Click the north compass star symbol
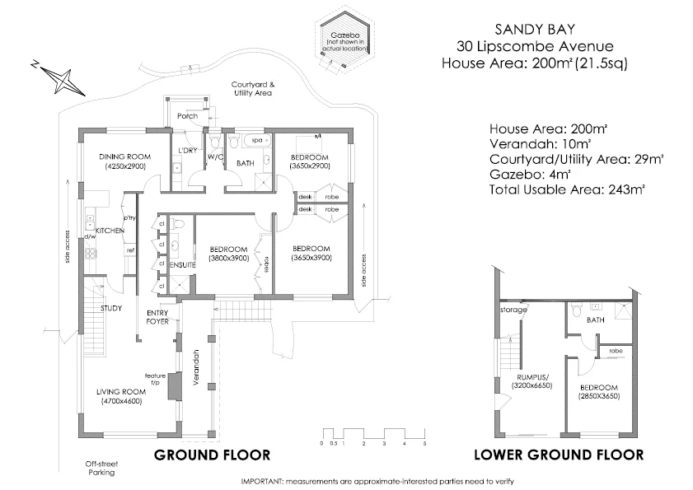pos(59,79)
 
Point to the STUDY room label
pos(111,309)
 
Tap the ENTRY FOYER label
pos(157,317)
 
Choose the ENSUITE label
pos(181,264)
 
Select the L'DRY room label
pos(189,150)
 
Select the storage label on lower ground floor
pos(513,310)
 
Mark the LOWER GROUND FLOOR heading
pos(559,455)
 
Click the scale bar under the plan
pos(372,434)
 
